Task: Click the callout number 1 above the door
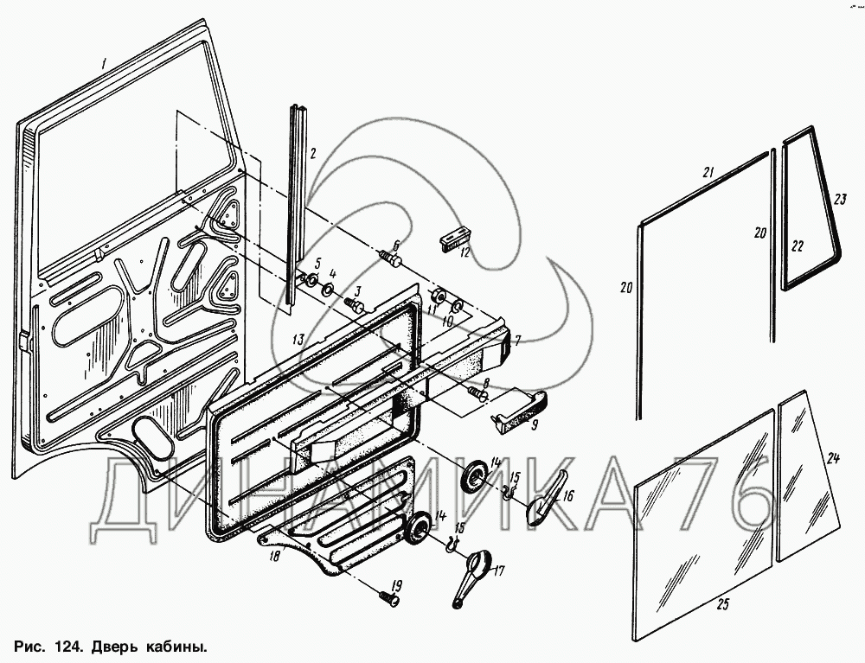tap(102, 62)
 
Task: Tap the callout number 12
tap(464, 252)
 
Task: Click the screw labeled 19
tap(388, 597)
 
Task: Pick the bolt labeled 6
tap(390, 258)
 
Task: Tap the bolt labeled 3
tap(355, 304)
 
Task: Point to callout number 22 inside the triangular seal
tap(798, 246)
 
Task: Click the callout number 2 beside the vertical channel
tap(313, 154)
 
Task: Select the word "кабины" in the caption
tap(178, 647)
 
